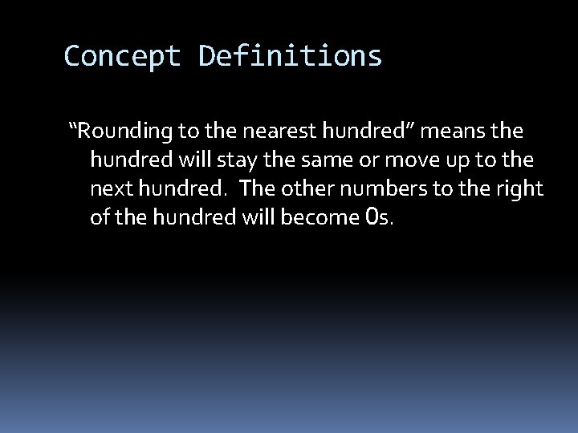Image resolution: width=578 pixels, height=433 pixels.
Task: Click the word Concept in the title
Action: tap(123, 56)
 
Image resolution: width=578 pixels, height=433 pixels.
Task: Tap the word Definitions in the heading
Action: tap(290, 56)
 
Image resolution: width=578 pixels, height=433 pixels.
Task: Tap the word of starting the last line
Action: tap(100, 218)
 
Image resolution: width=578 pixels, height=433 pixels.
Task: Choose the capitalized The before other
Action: tap(257, 189)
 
